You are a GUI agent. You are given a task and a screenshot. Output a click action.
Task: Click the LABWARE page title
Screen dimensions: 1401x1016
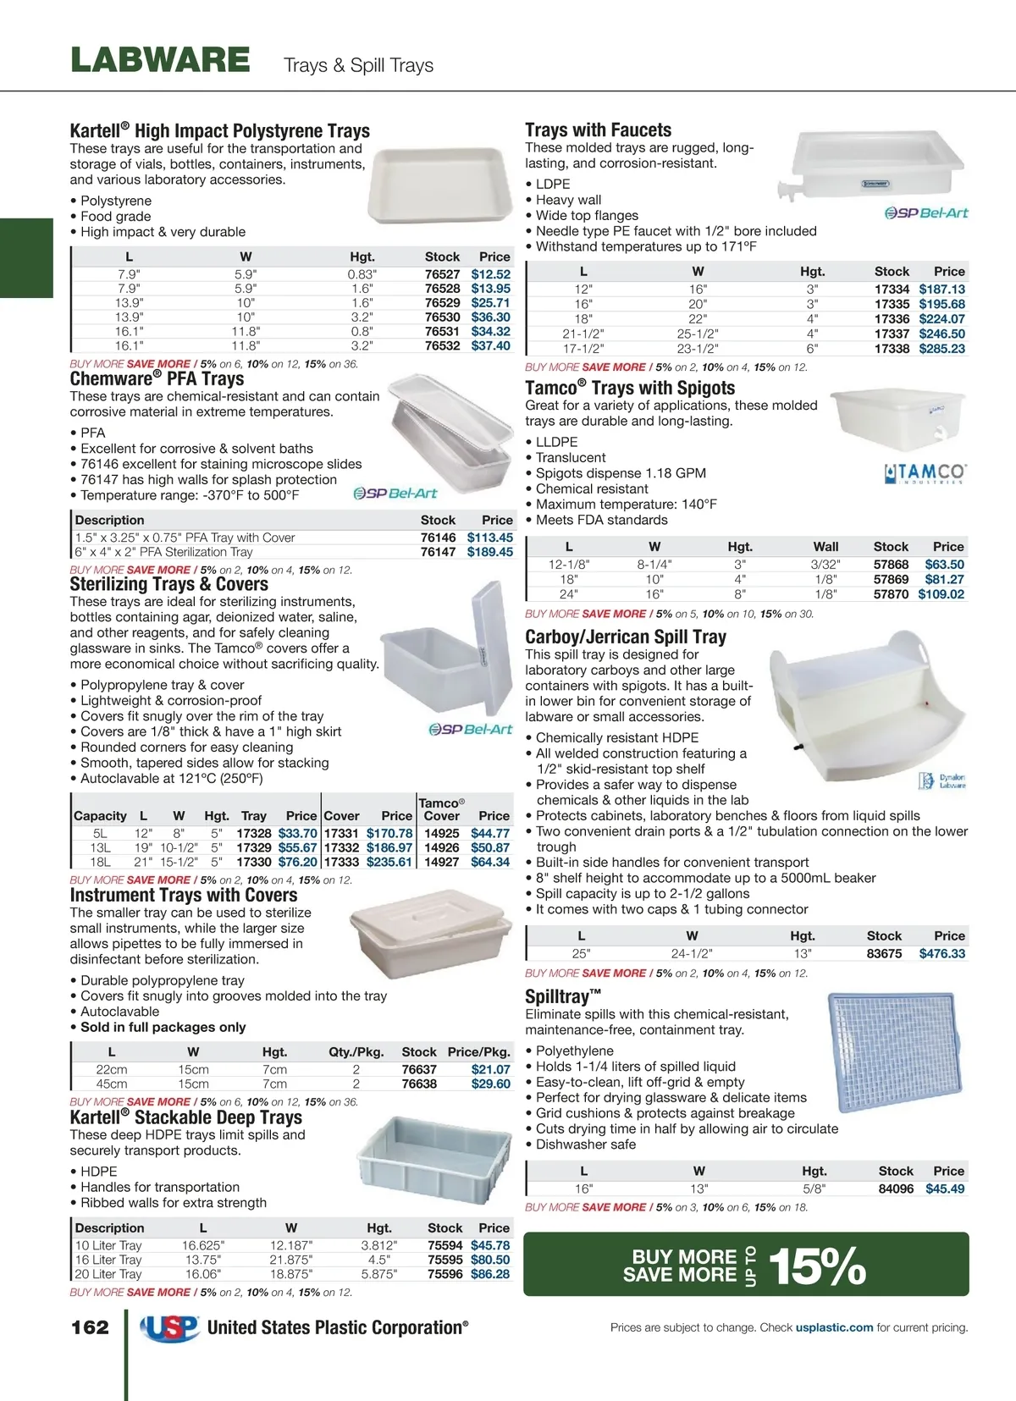pos(160,60)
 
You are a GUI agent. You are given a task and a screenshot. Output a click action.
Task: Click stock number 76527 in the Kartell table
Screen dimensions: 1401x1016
pos(442,274)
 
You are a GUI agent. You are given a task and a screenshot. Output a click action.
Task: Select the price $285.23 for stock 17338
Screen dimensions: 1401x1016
pos(941,349)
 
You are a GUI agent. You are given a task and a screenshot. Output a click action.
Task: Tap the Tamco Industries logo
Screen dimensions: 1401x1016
pos(925,473)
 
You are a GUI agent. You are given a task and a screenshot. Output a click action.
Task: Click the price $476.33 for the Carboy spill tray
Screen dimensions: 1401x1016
pos(941,954)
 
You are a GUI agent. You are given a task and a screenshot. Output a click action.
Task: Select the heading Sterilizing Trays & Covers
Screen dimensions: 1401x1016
pos(168,585)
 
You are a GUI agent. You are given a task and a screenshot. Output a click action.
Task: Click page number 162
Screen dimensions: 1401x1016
pos(90,1327)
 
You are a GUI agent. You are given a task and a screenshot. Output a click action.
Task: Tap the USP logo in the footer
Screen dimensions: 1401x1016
pos(169,1328)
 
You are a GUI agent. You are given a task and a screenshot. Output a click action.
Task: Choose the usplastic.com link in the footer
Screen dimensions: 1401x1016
pos(834,1328)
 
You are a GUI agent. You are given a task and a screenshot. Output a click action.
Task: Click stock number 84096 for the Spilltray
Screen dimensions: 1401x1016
pos(896,1189)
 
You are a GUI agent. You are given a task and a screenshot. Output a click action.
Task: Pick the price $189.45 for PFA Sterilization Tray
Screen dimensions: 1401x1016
pos(489,552)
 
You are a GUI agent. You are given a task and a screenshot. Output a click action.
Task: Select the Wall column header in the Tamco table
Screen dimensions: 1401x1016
pos(825,547)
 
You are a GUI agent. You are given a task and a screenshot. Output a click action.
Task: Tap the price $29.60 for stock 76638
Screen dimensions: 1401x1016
pos(490,1084)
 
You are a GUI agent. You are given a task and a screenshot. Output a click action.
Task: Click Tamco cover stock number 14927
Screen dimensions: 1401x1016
pos(441,863)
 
